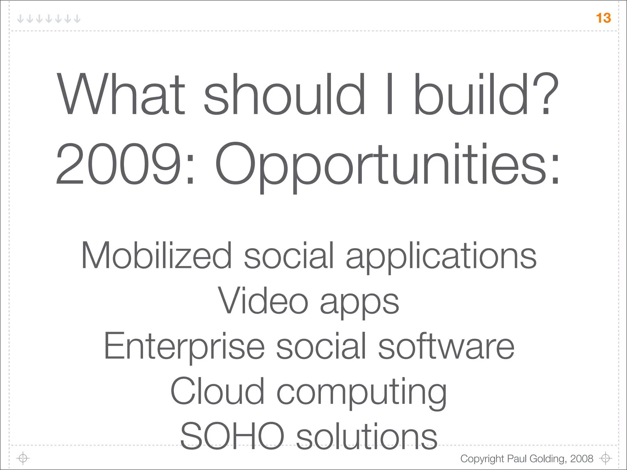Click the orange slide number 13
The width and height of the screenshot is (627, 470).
[x=603, y=18]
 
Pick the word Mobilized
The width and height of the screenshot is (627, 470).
[x=156, y=255]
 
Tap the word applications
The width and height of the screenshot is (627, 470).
[x=441, y=257]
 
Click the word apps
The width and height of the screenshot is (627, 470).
[x=359, y=303]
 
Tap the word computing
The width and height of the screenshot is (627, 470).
[x=361, y=393]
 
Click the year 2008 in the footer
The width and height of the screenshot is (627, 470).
[x=582, y=458]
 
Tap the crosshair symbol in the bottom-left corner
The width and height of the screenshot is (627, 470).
[x=23, y=458]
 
